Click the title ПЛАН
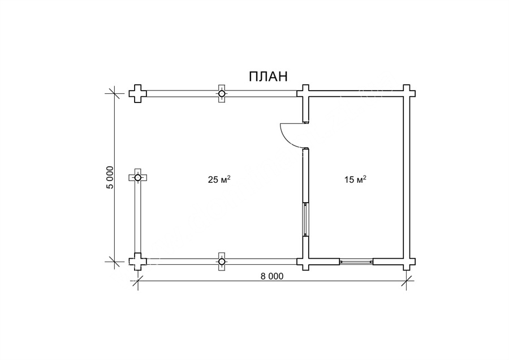tap(268, 76)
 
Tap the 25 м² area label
tap(219, 179)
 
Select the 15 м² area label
tap(356, 179)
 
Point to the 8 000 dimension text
tap(271, 276)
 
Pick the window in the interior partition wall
tap(305, 219)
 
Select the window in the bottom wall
tap(356, 262)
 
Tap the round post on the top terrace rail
tap(222, 93)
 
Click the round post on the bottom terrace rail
tap(222, 262)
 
